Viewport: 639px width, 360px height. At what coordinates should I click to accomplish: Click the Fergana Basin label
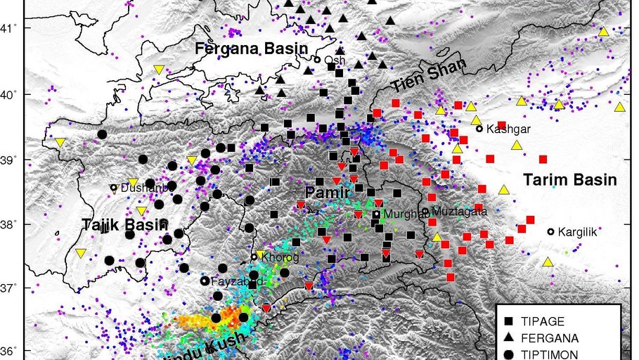[x=252, y=49]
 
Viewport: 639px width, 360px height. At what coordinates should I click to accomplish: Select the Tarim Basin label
[x=570, y=180]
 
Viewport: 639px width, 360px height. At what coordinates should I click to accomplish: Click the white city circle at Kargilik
[x=550, y=231]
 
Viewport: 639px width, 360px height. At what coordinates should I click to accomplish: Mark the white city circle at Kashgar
[x=479, y=129]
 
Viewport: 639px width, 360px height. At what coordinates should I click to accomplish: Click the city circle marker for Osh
[x=317, y=60]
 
